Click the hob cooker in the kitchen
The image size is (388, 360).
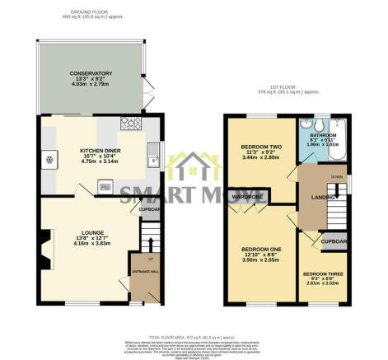point(130,126)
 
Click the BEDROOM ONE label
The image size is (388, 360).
point(260,248)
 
